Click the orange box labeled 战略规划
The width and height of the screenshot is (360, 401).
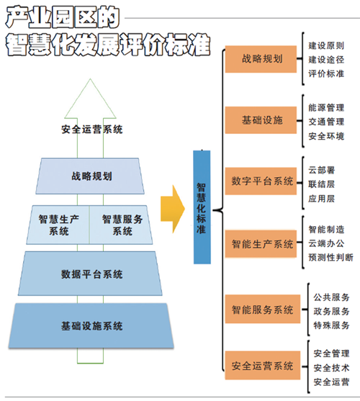(261, 59)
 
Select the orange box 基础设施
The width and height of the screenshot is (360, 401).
(261, 120)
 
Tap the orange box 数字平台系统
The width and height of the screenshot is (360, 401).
(261, 181)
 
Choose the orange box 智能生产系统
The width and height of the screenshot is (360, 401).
(261, 244)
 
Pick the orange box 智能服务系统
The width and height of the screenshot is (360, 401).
(263, 309)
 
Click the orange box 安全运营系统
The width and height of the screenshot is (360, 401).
(263, 365)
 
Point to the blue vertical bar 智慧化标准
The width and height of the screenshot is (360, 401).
(202, 207)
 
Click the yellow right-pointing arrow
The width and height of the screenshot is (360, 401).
(173, 209)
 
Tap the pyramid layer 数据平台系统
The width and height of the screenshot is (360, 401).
(90, 274)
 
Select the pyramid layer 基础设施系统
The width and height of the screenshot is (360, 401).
(91, 325)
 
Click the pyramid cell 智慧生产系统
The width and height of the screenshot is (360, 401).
(58, 225)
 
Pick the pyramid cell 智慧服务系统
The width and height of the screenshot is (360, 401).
(121, 225)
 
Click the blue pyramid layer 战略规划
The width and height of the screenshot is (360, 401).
(90, 176)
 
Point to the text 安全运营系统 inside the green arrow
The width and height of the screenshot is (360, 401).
(91, 129)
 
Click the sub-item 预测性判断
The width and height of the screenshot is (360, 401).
(331, 257)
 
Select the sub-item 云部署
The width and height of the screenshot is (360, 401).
(322, 170)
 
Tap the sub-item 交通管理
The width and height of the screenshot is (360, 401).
(326, 122)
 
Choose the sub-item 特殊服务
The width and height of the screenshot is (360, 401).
(331, 325)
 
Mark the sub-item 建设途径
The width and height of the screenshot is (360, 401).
(326, 60)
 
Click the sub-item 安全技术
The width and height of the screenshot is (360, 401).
(331, 368)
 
